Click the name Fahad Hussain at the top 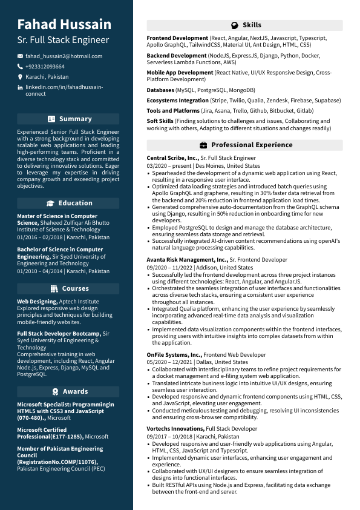click(x=64, y=24)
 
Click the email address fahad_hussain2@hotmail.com click(x=64, y=56)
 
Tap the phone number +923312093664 click(x=45, y=67)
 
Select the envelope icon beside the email click(x=20, y=56)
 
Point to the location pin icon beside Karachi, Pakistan click(x=20, y=78)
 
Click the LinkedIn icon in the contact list click(x=20, y=88)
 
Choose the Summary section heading click(x=76, y=119)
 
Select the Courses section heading click(x=76, y=288)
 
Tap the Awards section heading click(x=76, y=391)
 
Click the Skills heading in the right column click(x=252, y=25)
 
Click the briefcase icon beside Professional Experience click(x=203, y=145)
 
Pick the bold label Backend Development click(x=177, y=56)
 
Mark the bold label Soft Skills click(x=160, y=121)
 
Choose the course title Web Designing click(x=37, y=301)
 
